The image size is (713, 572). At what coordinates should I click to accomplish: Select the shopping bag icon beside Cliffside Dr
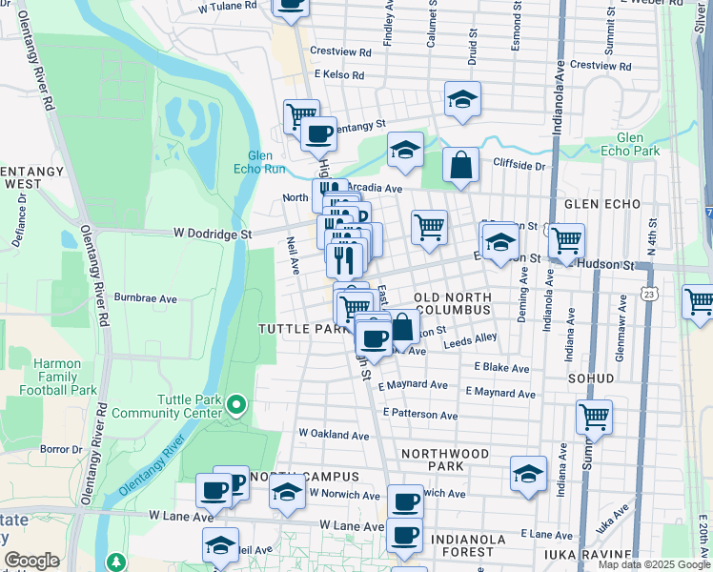pos(461,165)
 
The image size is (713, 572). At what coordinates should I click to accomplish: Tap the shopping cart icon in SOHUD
pos(594,416)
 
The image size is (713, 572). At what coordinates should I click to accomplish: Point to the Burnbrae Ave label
pos(146,297)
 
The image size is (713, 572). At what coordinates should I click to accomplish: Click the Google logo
pos(31,561)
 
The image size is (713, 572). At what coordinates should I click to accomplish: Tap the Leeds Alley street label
pos(471,337)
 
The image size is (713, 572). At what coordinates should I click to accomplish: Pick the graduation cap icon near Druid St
pos(462,99)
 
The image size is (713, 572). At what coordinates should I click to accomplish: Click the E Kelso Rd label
pos(333,74)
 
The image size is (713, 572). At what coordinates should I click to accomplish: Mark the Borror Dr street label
pos(62,448)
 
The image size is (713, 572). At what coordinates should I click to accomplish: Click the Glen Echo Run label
pos(266,163)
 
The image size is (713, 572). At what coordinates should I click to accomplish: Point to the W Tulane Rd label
pos(228,6)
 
